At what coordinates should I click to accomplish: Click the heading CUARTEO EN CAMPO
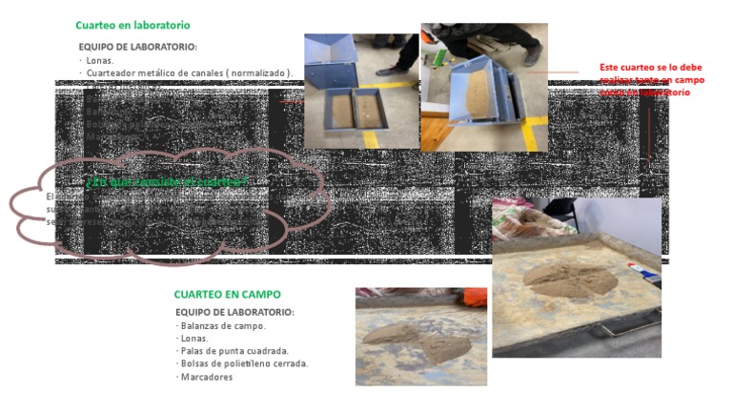click(227, 295)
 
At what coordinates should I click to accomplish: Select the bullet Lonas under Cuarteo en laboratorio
click(99, 60)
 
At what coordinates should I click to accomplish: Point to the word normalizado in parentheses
click(257, 72)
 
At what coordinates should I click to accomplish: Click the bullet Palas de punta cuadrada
click(234, 351)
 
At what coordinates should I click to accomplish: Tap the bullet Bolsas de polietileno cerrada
click(244, 363)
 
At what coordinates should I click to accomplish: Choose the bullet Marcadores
click(206, 377)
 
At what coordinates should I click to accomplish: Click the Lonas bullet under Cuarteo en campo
click(194, 338)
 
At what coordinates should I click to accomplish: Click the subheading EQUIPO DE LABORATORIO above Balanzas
click(234, 312)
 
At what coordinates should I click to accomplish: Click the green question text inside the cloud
click(166, 182)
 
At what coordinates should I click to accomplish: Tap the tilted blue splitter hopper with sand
click(472, 95)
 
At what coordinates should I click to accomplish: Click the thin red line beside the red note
click(553, 72)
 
